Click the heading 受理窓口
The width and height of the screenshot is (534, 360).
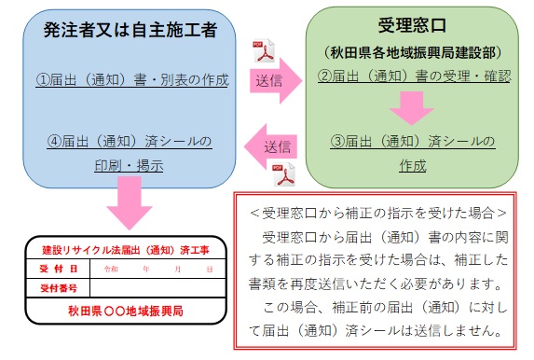414,25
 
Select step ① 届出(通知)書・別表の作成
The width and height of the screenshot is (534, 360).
131,80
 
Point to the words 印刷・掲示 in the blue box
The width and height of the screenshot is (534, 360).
130,166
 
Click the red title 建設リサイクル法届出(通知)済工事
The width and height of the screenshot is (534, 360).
125,251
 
